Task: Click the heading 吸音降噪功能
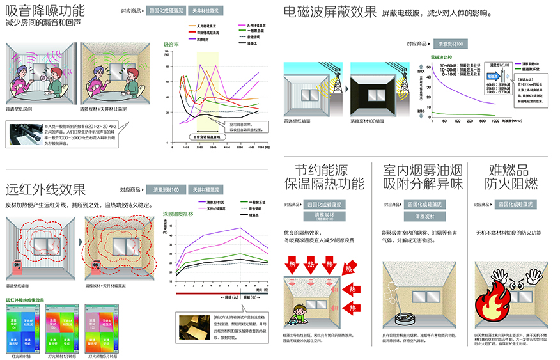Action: pyautogui.click(x=45, y=10)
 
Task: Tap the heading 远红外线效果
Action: pyautogui.click(x=45, y=189)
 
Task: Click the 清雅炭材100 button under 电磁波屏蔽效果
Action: pyautogui.click(x=451, y=43)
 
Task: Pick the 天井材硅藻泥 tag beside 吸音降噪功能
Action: pyautogui.click(x=206, y=11)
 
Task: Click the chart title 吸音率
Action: pyautogui.click(x=171, y=44)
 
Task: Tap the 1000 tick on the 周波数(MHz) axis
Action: pyautogui.click(x=495, y=120)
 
